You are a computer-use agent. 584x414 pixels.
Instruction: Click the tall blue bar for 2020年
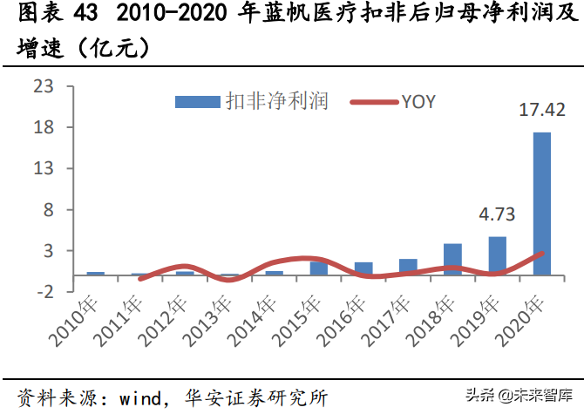pyautogui.click(x=541, y=203)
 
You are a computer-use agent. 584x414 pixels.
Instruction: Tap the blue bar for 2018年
pyautogui.click(x=452, y=259)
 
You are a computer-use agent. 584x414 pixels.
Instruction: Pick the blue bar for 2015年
pyautogui.click(x=319, y=268)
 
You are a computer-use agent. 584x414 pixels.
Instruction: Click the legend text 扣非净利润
pyautogui.click(x=275, y=101)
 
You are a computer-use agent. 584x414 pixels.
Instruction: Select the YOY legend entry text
pyautogui.click(x=418, y=101)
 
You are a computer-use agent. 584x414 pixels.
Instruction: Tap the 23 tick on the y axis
pyautogui.click(x=43, y=86)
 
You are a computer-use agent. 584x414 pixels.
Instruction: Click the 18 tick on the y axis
pyautogui.click(x=43, y=127)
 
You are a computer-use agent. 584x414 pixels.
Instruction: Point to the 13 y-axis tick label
pyautogui.click(x=43, y=168)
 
